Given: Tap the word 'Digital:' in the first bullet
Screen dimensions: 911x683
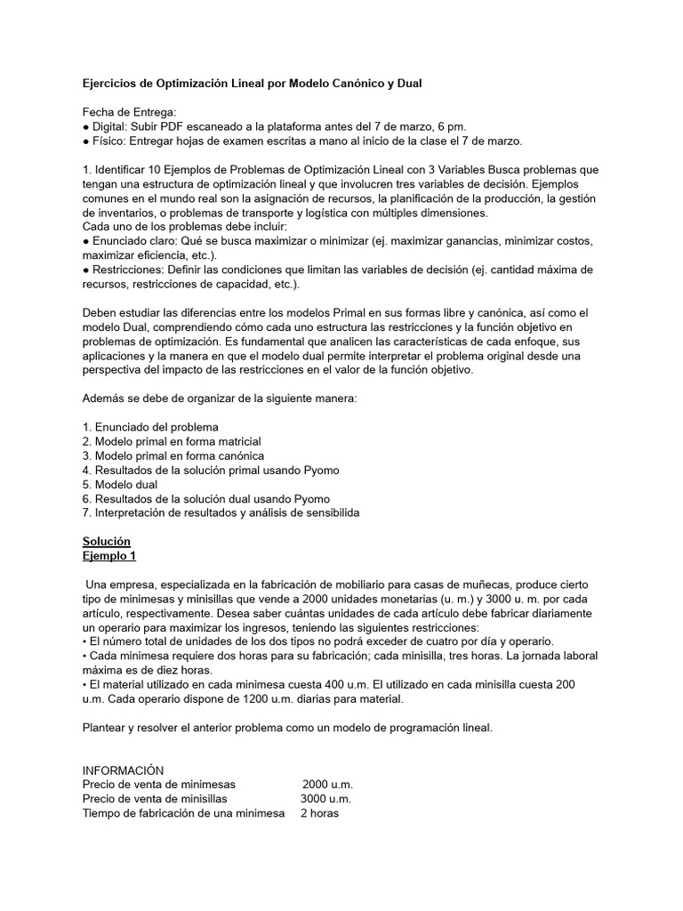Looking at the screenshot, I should [x=113, y=126].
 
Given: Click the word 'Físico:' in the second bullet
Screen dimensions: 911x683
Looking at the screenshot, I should [x=111, y=141].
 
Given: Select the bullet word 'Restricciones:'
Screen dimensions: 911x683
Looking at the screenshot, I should [x=128, y=270].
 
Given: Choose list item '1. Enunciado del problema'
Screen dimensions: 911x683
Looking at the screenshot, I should [x=149, y=427].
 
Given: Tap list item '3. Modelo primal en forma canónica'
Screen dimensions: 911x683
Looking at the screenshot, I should [x=173, y=455].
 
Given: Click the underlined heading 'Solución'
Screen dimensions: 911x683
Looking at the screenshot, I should [x=106, y=541].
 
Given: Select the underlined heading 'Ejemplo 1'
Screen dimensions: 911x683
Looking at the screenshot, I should [x=108, y=555].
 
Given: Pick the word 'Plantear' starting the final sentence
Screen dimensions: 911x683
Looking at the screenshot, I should [x=105, y=727].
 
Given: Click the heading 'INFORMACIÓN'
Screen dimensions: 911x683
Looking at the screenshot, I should [x=123, y=770].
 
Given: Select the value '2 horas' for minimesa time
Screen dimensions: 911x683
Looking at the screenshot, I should [x=319, y=812].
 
